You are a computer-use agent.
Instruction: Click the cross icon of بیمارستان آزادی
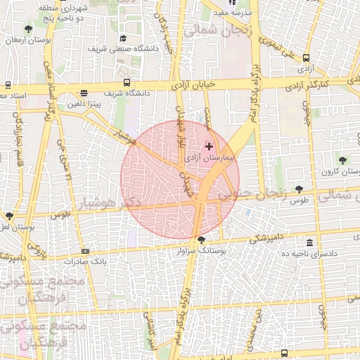tap(209, 146)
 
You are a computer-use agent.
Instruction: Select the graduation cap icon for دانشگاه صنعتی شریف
tap(124, 39)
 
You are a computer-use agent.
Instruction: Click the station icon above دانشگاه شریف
tap(127, 82)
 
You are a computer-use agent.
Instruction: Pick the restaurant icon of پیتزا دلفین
tap(84, 92)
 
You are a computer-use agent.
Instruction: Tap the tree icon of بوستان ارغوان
tap(27, 29)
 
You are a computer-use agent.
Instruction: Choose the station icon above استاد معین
tap(7, 84)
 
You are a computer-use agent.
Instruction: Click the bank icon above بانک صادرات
tap(85, 251)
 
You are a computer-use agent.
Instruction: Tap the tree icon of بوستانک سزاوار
tap(202, 240)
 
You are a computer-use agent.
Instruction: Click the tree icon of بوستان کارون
tap(342, 160)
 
